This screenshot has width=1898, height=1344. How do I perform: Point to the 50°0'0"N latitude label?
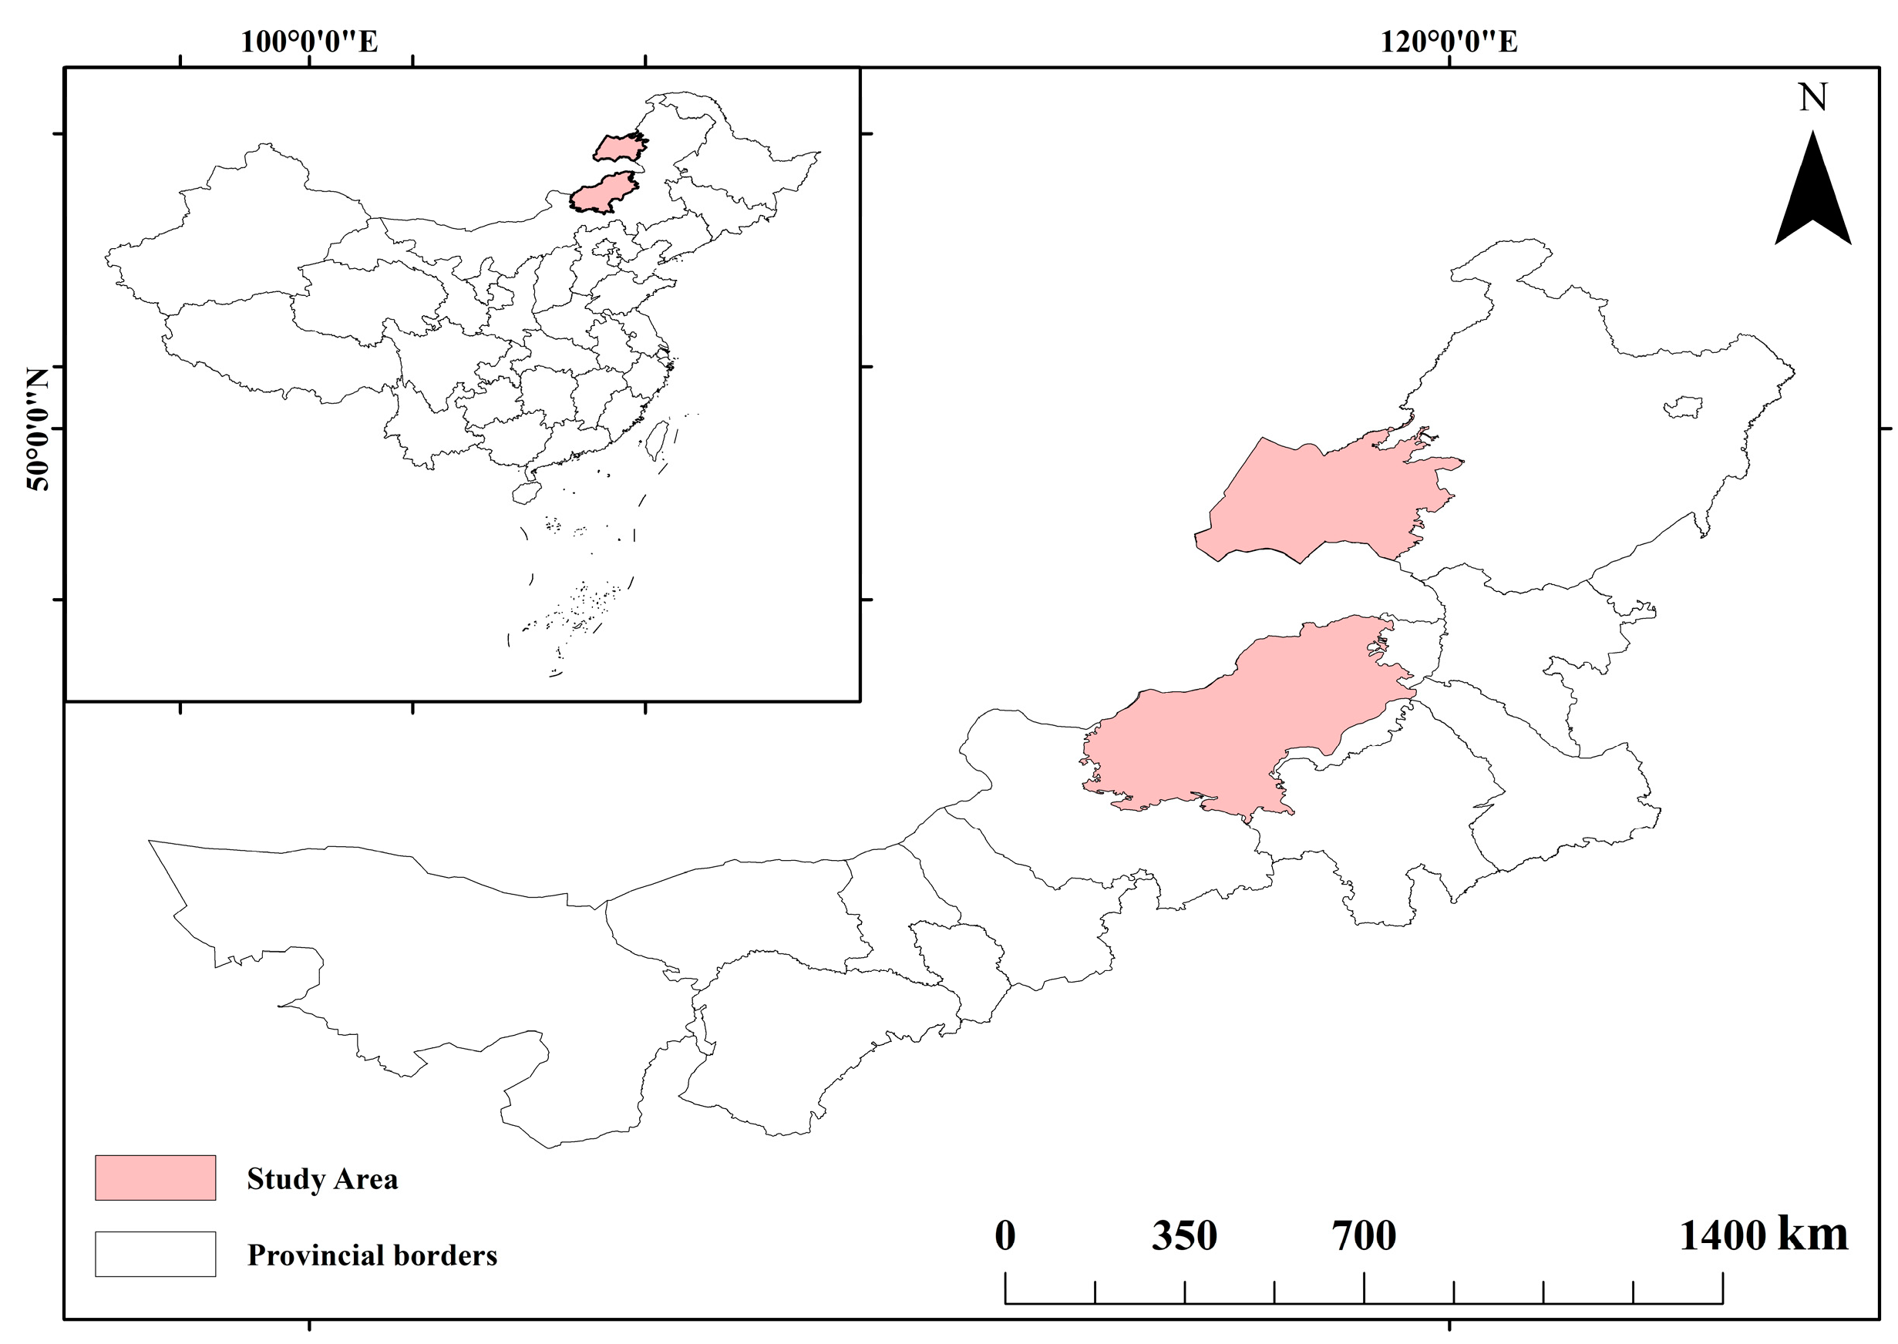coord(38,428)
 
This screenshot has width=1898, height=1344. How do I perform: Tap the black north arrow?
coord(1812,194)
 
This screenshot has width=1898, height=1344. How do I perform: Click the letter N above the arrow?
coord(1812,98)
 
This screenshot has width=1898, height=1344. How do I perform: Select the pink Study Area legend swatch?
coord(155,1178)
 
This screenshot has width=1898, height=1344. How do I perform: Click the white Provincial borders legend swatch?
coord(155,1254)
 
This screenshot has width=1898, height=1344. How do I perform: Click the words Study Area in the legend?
coord(322,1178)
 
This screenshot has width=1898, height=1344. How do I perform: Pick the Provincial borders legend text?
coord(372,1255)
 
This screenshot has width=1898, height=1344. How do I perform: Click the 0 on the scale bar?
coord(1005,1235)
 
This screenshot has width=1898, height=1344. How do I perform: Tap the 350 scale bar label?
coord(1183,1235)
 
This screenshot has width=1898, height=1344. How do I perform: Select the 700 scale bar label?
coord(1363,1235)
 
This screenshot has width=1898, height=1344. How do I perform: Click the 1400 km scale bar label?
coord(1762,1235)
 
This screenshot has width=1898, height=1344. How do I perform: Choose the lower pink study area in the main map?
coord(1242,728)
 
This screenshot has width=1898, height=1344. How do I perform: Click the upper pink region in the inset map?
coord(619,148)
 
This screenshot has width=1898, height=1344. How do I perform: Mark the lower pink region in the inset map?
coord(604,193)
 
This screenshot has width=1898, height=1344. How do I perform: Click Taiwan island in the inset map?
coord(658,439)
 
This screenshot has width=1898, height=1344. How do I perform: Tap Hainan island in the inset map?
coord(525,493)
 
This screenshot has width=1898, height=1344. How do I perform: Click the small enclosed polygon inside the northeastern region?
coord(1684,407)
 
